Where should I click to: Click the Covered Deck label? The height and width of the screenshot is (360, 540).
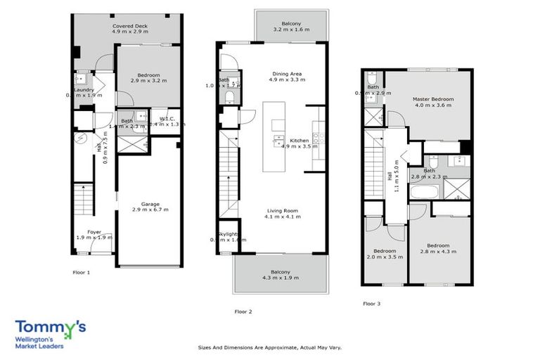pos(129,26)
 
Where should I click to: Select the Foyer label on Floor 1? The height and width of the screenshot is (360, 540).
pos(94,231)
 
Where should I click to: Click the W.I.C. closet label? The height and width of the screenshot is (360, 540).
pos(168,118)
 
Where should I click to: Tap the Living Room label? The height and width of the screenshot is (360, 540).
pos(282,210)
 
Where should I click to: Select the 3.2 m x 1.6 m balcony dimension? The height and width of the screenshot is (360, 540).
pos(291,30)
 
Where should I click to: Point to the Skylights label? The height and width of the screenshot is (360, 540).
pos(229,233)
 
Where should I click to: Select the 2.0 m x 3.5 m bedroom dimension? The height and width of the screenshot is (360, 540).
pos(385,257)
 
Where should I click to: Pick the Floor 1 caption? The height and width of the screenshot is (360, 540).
pos(82,271)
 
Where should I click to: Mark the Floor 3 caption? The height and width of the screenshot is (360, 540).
pos(371,304)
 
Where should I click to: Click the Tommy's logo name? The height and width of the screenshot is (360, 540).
pos(51,328)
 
